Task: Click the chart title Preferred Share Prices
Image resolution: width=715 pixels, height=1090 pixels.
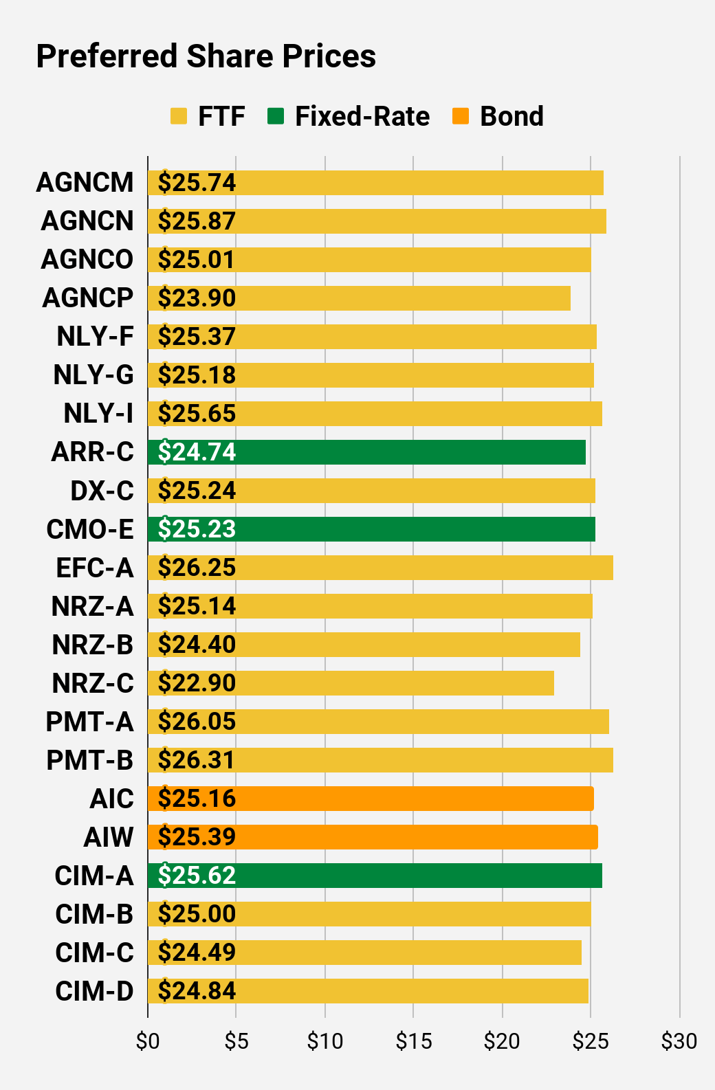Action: pos(206,56)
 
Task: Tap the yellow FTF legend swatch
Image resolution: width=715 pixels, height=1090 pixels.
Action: pos(179,116)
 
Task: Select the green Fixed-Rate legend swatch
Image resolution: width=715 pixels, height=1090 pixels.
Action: pos(276,116)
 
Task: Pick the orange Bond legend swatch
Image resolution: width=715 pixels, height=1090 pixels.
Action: pos(461,116)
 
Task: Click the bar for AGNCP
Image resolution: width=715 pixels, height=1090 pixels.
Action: pos(359,298)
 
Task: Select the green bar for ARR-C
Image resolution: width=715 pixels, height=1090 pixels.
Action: pos(367,452)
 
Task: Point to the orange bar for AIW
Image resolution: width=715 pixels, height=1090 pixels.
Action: pos(373,837)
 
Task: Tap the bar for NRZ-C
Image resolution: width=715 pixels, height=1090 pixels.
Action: pos(351,683)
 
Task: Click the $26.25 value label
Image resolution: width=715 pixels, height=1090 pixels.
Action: pos(197,568)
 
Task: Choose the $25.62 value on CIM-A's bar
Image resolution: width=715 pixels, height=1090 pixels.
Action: pos(197,876)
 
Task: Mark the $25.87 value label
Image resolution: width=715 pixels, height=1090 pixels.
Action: pos(197,221)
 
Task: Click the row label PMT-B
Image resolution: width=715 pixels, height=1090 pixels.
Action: pos(89,760)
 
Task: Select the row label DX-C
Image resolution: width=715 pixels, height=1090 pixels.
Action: pos(102,491)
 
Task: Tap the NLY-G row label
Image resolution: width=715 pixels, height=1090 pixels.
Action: pos(93,375)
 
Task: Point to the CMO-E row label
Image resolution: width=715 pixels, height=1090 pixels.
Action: pos(90,529)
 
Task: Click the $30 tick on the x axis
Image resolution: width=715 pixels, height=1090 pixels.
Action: pos(679,1041)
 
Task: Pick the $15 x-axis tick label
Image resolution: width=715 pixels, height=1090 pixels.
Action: pos(414,1041)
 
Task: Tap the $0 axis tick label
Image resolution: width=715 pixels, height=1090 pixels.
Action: pos(148,1041)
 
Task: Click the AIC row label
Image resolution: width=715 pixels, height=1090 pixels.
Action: pos(111,799)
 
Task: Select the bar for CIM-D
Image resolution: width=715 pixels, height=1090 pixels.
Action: pos(368,991)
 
